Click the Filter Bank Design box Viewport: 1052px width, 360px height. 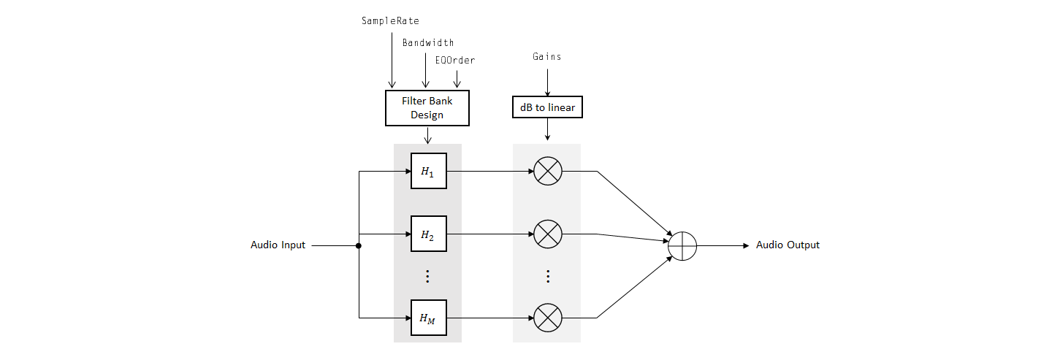coord(427,108)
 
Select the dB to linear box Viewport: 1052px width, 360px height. coord(547,108)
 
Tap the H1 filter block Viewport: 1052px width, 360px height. coord(428,172)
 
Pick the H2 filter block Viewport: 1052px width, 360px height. coord(428,234)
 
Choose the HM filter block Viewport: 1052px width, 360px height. coord(428,318)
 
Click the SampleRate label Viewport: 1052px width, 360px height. coord(390,21)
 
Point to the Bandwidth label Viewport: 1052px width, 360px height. coord(428,42)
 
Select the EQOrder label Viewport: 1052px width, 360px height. coord(454,61)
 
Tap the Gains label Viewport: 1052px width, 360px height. coord(547,56)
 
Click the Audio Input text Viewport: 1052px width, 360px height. coord(278,245)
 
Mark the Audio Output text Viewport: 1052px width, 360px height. coord(788,245)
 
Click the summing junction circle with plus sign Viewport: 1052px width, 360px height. coord(682,246)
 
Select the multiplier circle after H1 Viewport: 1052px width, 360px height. coord(547,172)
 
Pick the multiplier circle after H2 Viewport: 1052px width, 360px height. coord(547,234)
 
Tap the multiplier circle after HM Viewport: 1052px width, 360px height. coord(547,318)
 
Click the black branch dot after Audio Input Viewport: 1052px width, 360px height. coord(358,246)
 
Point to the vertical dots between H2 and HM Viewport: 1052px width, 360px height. coord(428,276)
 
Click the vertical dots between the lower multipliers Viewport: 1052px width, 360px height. coord(547,276)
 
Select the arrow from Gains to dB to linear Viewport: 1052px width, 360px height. coord(547,80)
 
